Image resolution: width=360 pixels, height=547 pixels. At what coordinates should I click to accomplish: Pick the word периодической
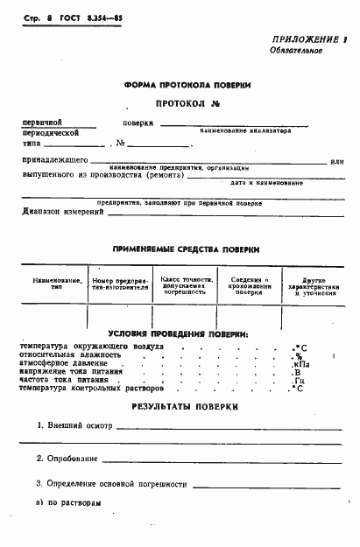point(52,133)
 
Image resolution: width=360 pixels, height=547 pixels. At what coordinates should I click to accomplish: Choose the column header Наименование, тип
point(55,284)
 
